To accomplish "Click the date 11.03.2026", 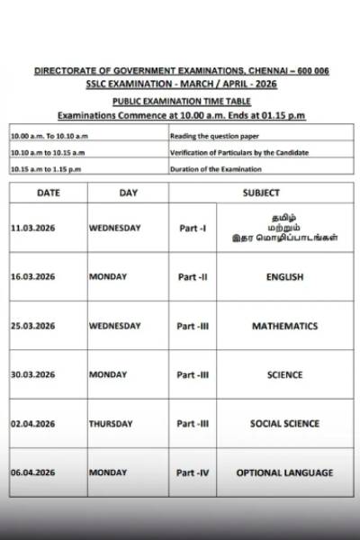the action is tap(32, 229).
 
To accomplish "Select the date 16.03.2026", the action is tap(32, 277).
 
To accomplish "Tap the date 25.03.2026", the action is tap(32, 326).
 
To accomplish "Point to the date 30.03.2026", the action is tap(32, 374).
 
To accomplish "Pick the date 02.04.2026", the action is tap(32, 423).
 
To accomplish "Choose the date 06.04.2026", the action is tap(32, 472).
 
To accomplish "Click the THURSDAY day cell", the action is tap(111, 423).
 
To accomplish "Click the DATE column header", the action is tap(49, 193).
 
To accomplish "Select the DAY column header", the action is tap(128, 193).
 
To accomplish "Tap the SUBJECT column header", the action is tap(261, 193).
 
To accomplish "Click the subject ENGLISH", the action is tap(284, 277).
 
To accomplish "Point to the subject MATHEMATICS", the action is tap(284, 326).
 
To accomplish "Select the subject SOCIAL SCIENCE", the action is tap(284, 423).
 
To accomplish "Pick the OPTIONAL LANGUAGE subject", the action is tap(284, 472).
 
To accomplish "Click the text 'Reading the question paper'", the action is tap(211, 135).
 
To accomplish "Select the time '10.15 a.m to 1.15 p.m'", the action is tap(47, 169).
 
